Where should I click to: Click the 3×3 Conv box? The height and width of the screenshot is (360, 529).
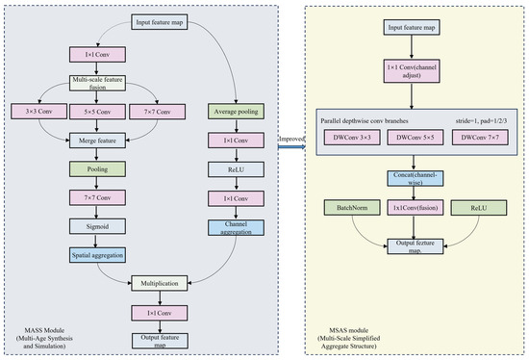(x=38, y=112)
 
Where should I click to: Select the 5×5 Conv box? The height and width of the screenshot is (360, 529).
(x=97, y=112)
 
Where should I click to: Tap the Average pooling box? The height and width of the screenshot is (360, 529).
(x=237, y=112)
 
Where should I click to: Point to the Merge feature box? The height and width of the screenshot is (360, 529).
(x=97, y=141)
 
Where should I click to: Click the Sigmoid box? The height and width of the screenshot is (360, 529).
(x=97, y=226)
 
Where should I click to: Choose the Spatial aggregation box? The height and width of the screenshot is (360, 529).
(x=97, y=255)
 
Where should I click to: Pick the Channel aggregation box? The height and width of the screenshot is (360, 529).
(x=237, y=228)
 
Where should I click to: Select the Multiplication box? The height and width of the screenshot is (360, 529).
(x=160, y=283)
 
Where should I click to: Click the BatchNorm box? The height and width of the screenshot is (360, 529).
(x=352, y=208)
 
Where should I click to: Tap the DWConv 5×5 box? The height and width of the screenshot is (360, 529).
(x=416, y=138)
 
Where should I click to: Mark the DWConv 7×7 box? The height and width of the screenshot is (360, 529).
(x=480, y=138)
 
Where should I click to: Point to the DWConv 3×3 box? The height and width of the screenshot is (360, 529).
(x=352, y=138)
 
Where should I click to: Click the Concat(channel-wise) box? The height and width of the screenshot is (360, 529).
(x=416, y=179)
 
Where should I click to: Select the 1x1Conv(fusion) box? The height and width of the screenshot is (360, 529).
(x=416, y=208)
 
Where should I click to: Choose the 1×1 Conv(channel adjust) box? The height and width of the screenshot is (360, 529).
(x=412, y=71)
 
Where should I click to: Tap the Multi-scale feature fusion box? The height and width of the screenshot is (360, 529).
(x=97, y=83)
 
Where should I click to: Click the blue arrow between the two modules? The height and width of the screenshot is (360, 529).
(x=291, y=147)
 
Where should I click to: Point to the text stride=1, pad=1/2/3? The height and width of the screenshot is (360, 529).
(x=482, y=121)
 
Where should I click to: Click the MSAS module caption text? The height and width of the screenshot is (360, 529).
(x=349, y=339)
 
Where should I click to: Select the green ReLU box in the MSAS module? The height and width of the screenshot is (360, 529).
(x=479, y=208)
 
